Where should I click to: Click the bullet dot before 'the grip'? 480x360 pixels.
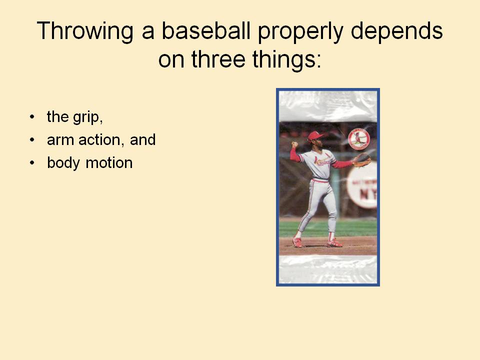[x=32, y=117]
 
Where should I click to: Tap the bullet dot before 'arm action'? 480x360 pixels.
[x=32, y=140]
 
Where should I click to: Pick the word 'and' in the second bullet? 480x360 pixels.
[x=143, y=140]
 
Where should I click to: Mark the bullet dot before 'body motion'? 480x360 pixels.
[x=32, y=163]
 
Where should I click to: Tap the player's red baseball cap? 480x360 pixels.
[x=315, y=135]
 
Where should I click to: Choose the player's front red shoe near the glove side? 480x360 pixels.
[x=334, y=243]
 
